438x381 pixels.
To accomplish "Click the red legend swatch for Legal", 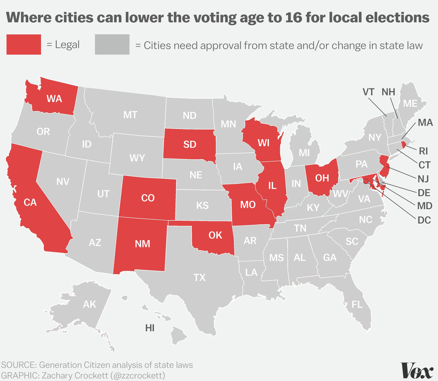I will [24, 44].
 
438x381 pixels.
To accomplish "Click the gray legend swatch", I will [112, 44].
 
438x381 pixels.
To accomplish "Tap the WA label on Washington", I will [54, 99].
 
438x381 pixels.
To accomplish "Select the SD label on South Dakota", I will [190, 144].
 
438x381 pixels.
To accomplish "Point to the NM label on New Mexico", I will [142, 244].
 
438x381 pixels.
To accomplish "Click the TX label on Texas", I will [200, 278].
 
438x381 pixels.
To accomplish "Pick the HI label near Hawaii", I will [150, 328].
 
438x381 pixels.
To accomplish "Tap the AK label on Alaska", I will [89, 304].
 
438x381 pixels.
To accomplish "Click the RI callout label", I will [423, 151].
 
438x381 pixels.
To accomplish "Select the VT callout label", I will [369, 92].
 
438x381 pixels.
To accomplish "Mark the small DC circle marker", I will [366, 181].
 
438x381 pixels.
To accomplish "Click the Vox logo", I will [417, 370].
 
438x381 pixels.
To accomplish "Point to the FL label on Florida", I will [357, 304].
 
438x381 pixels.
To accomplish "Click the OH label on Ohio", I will [322, 178].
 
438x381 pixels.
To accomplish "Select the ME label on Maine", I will [410, 103].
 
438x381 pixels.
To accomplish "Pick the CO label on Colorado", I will [148, 198].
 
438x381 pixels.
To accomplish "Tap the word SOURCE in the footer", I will [18, 365].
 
